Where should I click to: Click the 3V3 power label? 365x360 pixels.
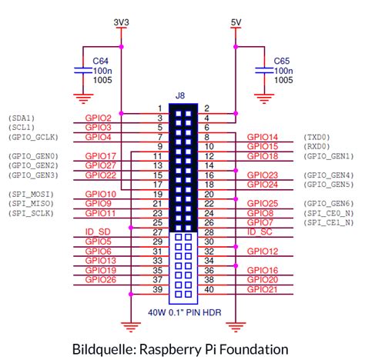tap(120, 22)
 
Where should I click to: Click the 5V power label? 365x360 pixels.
tap(236, 22)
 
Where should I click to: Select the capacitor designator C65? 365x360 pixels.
tap(282, 58)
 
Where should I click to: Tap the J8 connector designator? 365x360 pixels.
tap(180, 95)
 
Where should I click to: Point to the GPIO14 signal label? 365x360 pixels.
tap(262, 136)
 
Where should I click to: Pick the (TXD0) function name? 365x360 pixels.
tap(316, 136)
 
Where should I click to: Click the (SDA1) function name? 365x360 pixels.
tap(22, 118)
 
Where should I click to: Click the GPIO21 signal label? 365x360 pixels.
tap(262, 289)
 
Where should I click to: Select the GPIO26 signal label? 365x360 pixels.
tap(100, 280)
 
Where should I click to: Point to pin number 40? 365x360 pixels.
tap(208, 290)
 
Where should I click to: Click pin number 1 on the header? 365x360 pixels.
tap(159, 108)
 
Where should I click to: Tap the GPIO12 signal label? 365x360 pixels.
tap(262, 251)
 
